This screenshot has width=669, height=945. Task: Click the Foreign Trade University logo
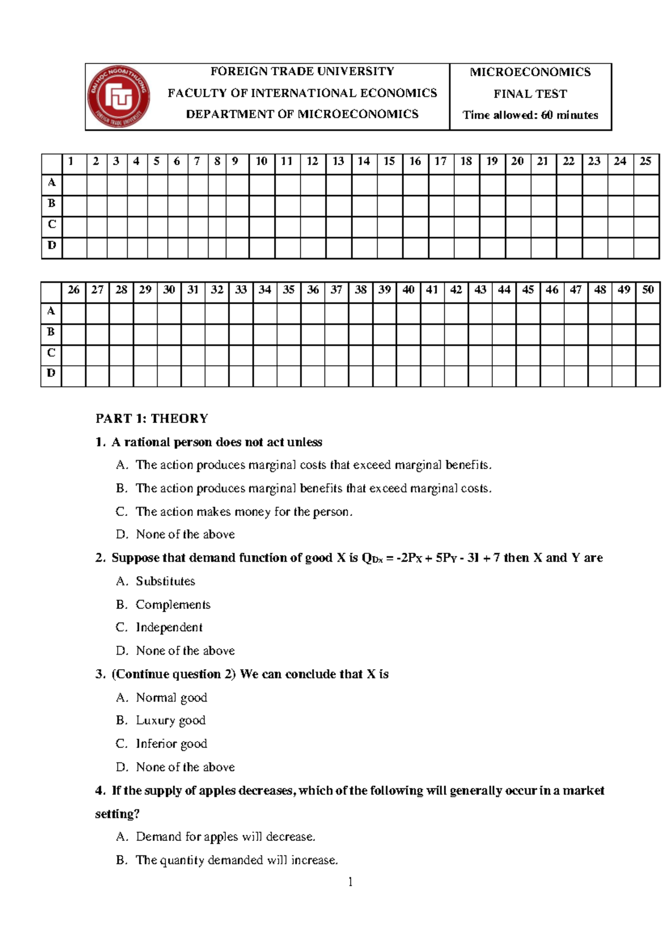tap(118, 96)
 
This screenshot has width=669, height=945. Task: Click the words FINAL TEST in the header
tap(530, 94)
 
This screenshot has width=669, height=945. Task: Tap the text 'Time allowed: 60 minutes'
tap(530, 115)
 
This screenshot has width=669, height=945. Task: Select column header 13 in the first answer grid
tap(338, 162)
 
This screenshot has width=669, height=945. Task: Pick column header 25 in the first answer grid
tap(646, 162)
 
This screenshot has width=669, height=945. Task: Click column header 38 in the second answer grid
tap(361, 290)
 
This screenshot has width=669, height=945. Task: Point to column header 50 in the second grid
tap(648, 290)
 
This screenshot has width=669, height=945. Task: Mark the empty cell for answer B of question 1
tap(74, 206)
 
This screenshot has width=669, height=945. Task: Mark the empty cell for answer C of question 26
tap(74, 355)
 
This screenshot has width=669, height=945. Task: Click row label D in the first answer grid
tap(52, 246)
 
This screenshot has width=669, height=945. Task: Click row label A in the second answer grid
tap(51, 311)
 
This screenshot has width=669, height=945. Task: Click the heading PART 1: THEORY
tap(152, 418)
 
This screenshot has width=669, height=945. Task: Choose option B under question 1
tap(313, 489)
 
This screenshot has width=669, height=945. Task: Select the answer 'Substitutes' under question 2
tap(166, 581)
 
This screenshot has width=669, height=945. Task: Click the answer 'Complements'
tap(173, 605)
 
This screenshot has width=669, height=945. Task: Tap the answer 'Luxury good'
tap(171, 720)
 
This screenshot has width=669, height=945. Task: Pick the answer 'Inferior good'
tap(171, 744)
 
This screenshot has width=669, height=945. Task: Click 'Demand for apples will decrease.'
tap(225, 837)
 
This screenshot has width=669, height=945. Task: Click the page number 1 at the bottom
tap(350, 881)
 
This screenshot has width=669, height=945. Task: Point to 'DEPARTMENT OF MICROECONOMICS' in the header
tap(302, 114)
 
